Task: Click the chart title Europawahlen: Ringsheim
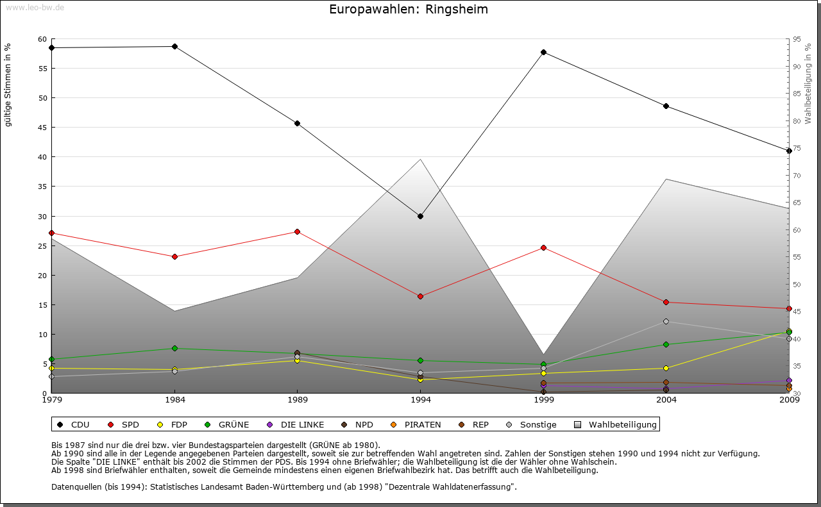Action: [x=409, y=9]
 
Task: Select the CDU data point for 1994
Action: [x=421, y=216]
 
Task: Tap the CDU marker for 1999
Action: [x=543, y=52]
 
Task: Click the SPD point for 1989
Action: [x=298, y=231]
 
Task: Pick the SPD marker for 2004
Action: [x=666, y=302]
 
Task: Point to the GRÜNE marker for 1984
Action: [x=174, y=348]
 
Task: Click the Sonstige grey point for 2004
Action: [x=666, y=321]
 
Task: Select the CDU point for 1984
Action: [x=174, y=46]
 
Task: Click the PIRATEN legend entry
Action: [x=416, y=424]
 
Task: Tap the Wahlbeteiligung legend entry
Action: [x=616, y=424]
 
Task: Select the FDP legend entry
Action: [x=173, y=424]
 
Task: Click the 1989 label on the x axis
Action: [x=298, y=401]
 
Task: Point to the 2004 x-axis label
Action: [x=666, y=401]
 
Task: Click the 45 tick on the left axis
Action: [x=42, y=128]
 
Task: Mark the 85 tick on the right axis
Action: [x=797, y=94]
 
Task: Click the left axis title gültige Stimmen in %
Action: [x=8, y=85]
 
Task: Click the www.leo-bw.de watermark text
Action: [x=35, y=7]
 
